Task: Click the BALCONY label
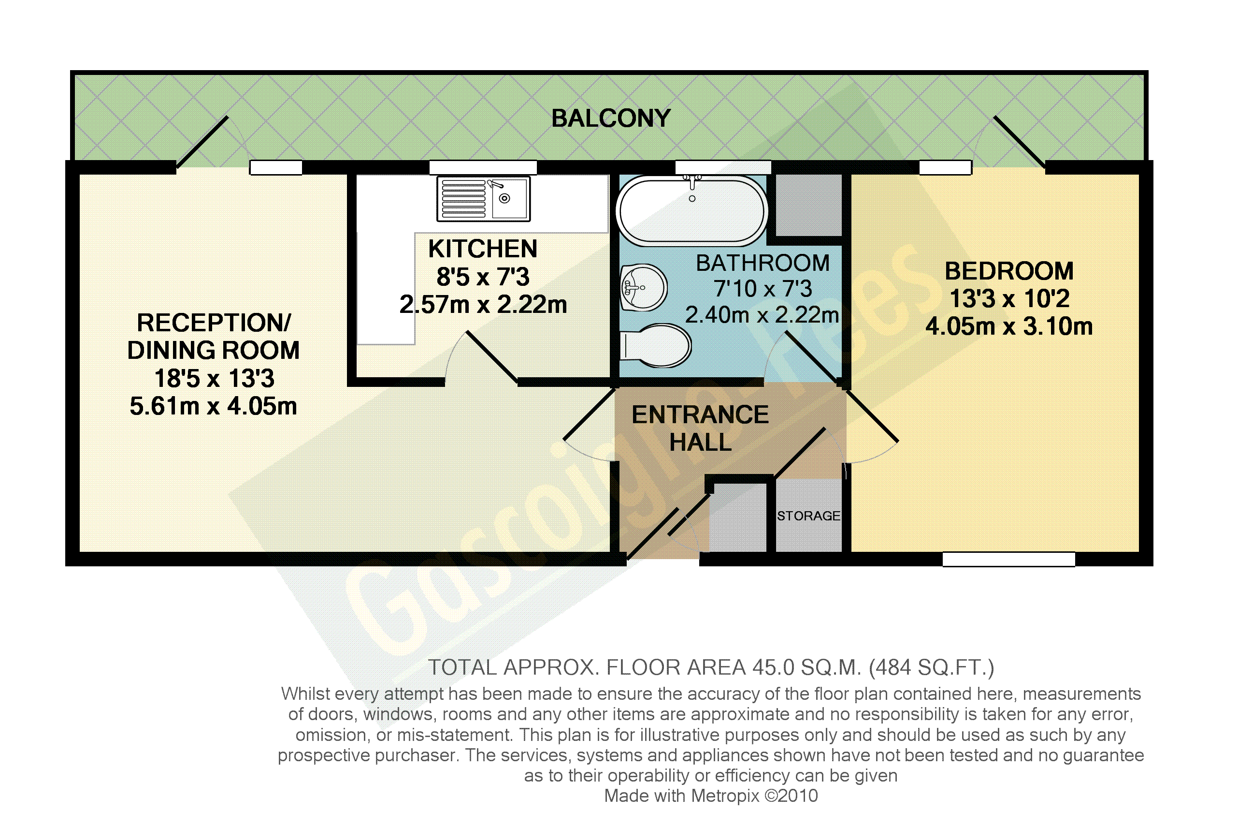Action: click(611, 118)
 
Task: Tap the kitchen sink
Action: click(483, 199)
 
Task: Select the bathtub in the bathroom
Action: click(692, 210)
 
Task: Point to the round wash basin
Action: click(644, 287)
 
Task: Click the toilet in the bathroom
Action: click(655, 346)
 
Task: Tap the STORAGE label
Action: click(808, 516)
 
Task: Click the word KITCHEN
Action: click(483, 249)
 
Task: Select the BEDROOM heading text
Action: click(1009, 271)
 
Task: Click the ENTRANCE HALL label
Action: click(700, 429)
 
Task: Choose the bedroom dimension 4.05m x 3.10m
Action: click(1009, 326)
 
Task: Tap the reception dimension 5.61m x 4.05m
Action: click(213, 406)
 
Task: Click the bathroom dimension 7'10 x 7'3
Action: click(763, 289)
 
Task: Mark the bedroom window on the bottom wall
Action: click(1008, 559)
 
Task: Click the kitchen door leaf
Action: click(491, 358)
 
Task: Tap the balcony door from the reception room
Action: click(202, 142)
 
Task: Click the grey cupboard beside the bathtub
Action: click(808, 205)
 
